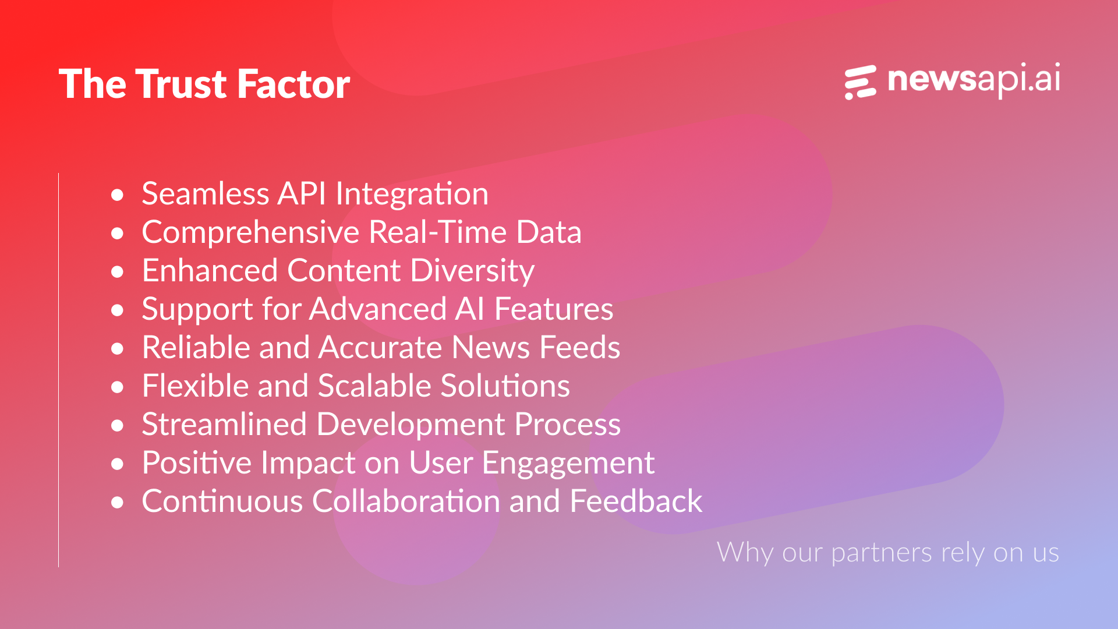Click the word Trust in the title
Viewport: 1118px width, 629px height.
pyautogui.click(x=182, y=84)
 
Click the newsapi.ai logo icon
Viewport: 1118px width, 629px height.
pyautogui.click(x=861, y=82)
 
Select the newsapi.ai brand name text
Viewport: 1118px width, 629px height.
pyautogui.click(x=974, y=80)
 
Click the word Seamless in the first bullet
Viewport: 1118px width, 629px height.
pyautogui.click(x=206, y=193)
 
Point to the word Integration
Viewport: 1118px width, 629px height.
pyautogui.click(x=412, y=193)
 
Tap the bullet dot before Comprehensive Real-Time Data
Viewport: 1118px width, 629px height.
pyautogui.click(x=118, y=233)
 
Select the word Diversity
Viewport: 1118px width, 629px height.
pyautogui.click(x=472, y=271)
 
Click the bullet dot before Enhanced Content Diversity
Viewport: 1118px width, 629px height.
pyautogui.click(x=118, y=271)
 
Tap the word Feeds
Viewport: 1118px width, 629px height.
pyautogui.click(x=580, y=347)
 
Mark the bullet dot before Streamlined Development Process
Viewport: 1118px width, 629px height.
pyautogui.click(x=118, y=425)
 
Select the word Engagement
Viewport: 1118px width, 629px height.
pyautogui.click(x=568, y=464)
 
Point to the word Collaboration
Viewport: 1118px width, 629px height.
pyautogui.click(x=406, y=501)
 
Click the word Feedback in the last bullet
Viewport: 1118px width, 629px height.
pyautogui.click(x=636, y=501)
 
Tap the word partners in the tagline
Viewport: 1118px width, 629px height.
pyautogui.click(x=882, y=553)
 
